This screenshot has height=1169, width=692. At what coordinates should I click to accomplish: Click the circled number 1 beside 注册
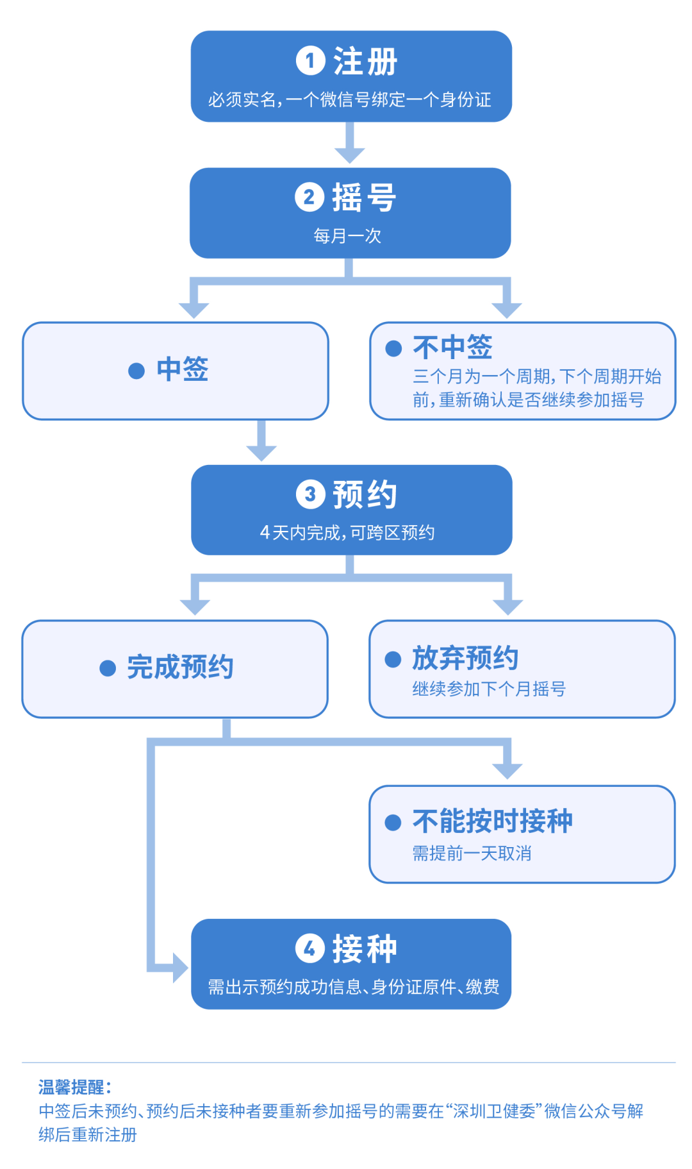(310, 61)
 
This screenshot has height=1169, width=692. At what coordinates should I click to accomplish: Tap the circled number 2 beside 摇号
(309, 197)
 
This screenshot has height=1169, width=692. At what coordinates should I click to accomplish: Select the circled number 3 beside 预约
(310, 494)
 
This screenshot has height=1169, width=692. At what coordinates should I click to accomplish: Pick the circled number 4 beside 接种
(309, 948)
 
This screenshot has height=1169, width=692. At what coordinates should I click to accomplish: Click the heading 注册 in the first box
(365, 62)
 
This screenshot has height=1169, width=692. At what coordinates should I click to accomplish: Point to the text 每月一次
(347, 236)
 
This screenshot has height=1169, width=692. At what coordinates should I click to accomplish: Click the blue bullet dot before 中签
(136, 371)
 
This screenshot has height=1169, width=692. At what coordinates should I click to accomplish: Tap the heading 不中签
(452, 347)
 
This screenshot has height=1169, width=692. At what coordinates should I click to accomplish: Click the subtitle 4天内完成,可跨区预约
(347, 532)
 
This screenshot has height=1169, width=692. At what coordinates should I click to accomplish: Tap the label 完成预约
(180, 668)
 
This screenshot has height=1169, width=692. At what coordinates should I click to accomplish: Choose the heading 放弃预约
(465, 658)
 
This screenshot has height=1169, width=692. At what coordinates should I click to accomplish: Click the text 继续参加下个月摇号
(489, 689)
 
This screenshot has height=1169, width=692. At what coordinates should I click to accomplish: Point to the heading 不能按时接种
(492, 821)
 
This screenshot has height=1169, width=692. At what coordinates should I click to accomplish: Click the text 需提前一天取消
(472, 854)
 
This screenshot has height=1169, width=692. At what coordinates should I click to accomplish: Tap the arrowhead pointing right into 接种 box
(179, 967)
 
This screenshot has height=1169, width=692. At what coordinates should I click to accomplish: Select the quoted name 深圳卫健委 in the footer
(494, 1111)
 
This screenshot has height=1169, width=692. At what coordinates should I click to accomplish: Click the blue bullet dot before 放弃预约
(393, 659)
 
